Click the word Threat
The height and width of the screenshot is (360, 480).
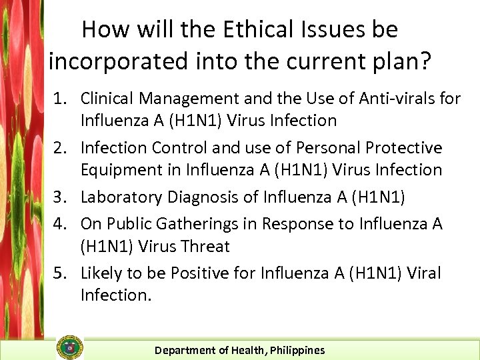click(x=203, y=246)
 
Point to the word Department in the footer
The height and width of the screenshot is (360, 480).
click(x=184, y=350)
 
